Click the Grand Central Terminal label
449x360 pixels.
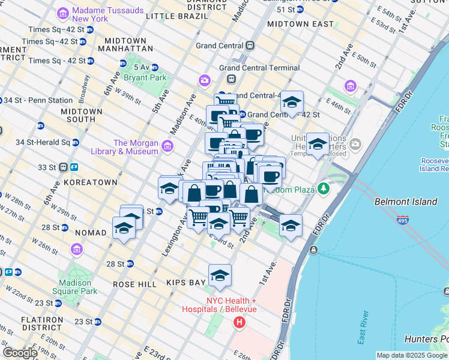pyautogui.click(x=259, y=68)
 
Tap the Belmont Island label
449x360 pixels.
pyautogui.click(x=406, y=202)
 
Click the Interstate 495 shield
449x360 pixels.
pyautogui.click(x=403, y=221)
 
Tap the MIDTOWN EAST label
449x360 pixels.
pyautogui.click(x=300, y=24)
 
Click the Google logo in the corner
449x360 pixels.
pyautogui.click(x=20, y=353)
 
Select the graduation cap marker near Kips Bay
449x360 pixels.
pyautogui.click(x=220, y=275)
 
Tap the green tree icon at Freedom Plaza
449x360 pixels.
pyautogui.click(x=324, y=189)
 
